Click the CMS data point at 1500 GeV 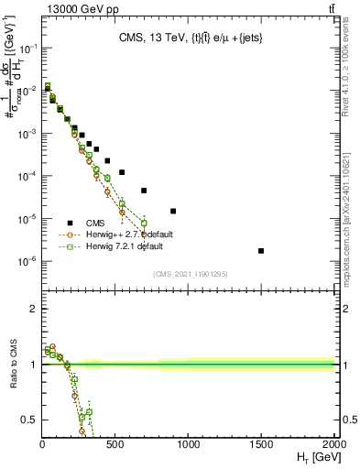click(x=261, y=251)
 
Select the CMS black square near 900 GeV click(x=173, y=211)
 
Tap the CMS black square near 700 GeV click(x=144, y=191)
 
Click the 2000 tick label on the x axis click(x=334, y=444)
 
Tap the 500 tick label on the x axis click(x=115, y=444)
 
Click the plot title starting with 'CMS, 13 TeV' click(x=188, y=38)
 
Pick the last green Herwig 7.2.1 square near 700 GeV click(x=144, y=223)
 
